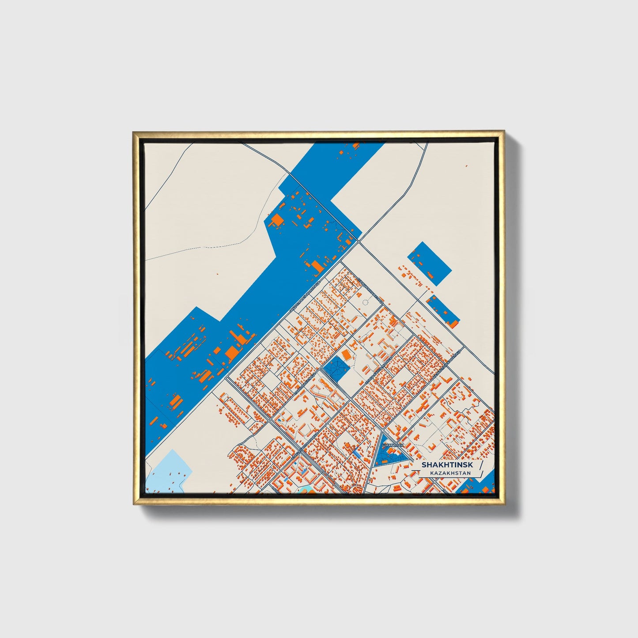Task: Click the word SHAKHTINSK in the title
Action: (447, 465)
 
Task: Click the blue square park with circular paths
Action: (335, 368)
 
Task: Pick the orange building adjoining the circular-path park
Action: (347, 355)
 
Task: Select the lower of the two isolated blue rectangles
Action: (443, 310)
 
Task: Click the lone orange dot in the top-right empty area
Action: (466, 166)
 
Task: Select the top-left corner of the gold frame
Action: (134, 132)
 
